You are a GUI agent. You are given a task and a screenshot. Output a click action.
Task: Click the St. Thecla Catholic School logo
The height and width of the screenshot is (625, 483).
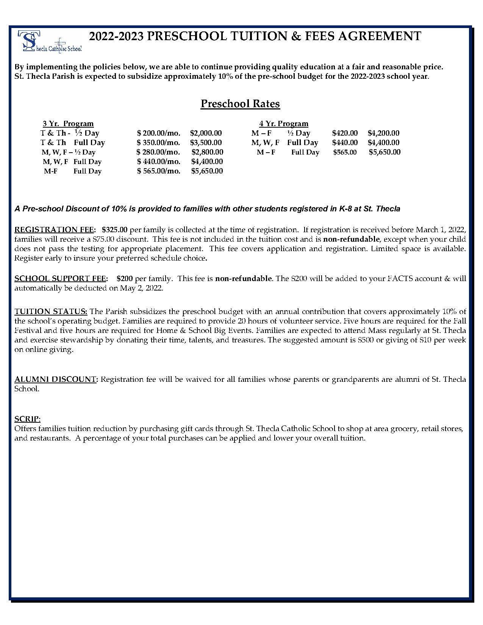pos(50,41)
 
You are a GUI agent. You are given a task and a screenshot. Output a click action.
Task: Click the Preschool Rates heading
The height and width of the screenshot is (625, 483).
pos(240,104)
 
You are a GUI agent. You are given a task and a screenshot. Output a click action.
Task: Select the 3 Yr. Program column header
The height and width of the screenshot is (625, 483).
pos(68,123)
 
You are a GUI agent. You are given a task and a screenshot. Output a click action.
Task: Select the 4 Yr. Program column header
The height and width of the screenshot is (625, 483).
pos(283,123)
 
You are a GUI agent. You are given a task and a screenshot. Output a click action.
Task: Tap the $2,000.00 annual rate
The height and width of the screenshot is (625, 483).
pos(206,133)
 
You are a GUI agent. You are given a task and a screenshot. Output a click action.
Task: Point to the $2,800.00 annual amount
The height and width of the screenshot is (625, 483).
pos(207,152)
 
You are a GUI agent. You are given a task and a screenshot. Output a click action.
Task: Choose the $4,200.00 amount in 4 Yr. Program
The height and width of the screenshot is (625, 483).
pos(383,133)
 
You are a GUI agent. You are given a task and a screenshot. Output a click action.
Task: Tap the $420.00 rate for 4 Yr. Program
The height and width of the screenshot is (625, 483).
pos(345,133)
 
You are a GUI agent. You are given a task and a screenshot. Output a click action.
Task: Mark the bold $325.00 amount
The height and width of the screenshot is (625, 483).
pos(114,230)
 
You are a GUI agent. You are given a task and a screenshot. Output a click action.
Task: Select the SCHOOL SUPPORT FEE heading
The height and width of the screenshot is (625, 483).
pos(61,278)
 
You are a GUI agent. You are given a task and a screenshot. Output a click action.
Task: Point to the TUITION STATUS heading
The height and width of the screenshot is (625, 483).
pos(51,311)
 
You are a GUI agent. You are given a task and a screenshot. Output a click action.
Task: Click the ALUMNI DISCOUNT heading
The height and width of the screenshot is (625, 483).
pos(56,379)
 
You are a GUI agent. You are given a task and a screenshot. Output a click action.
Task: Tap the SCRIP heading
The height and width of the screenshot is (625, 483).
pos(27,419)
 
